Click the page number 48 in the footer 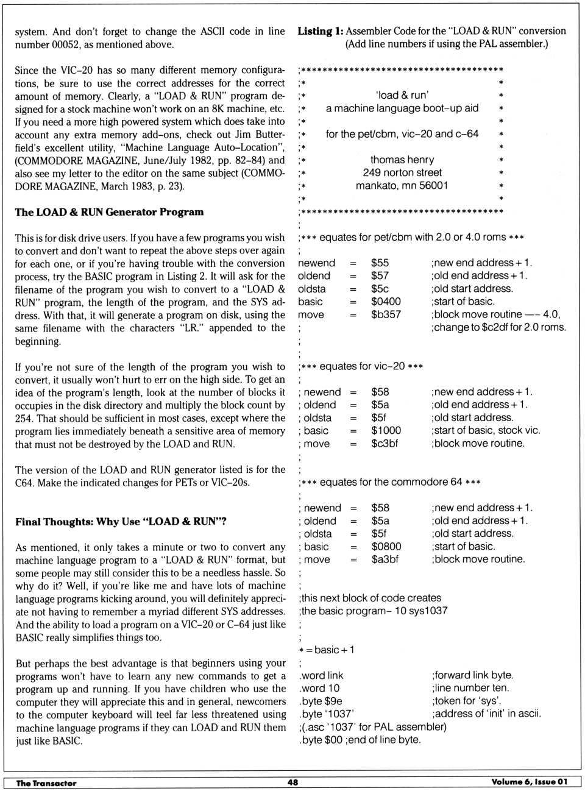(292, 782)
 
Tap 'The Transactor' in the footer (46, 782)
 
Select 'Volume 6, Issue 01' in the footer (529, 782)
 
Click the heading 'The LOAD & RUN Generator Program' (109, 212)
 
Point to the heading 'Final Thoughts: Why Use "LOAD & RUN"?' (121, 522)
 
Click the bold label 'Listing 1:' (320, 31)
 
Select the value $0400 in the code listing (386, 302)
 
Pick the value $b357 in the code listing (386, 314)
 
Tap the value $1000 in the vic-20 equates (386, 430)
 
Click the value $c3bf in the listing (385, 444)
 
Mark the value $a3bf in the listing (385, 559)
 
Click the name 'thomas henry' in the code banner (402, 160)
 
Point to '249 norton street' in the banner (402, 172)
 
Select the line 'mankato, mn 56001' (402, 185)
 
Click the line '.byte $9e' (321, 701)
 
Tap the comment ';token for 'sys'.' (467, 701)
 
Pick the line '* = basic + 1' (327, 650)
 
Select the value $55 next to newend (380, 263)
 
